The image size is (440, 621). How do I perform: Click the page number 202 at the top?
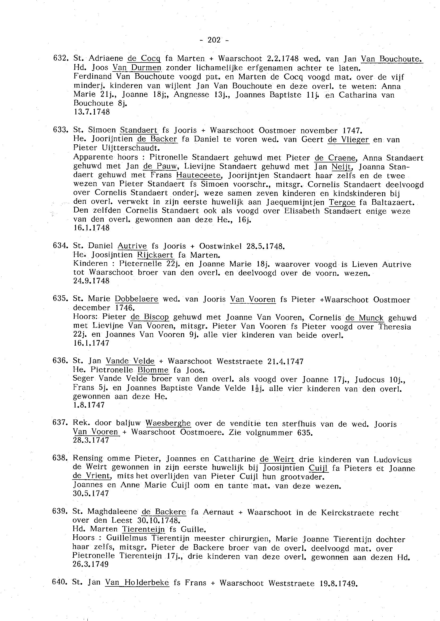214,40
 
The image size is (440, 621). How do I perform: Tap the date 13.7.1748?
92,112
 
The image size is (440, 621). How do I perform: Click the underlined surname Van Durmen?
137,68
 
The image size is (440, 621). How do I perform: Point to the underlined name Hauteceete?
198,175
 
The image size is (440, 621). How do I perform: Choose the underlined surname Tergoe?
342,202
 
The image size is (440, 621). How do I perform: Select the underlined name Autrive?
132,246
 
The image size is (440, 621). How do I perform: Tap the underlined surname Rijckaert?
155,255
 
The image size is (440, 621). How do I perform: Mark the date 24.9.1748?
91,281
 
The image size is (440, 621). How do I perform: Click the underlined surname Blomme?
153,370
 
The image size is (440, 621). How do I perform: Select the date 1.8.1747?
88,405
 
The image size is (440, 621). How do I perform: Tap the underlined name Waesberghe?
168,423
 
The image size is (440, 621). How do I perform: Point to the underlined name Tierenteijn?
143,529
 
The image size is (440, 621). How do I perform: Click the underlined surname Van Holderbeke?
137,582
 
